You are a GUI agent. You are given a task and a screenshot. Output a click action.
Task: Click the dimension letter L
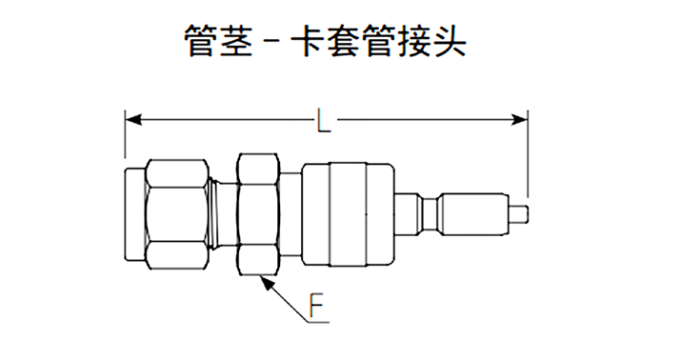[x=325, y=121]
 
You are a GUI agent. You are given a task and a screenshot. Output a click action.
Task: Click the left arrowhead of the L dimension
[x=131, y=120]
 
